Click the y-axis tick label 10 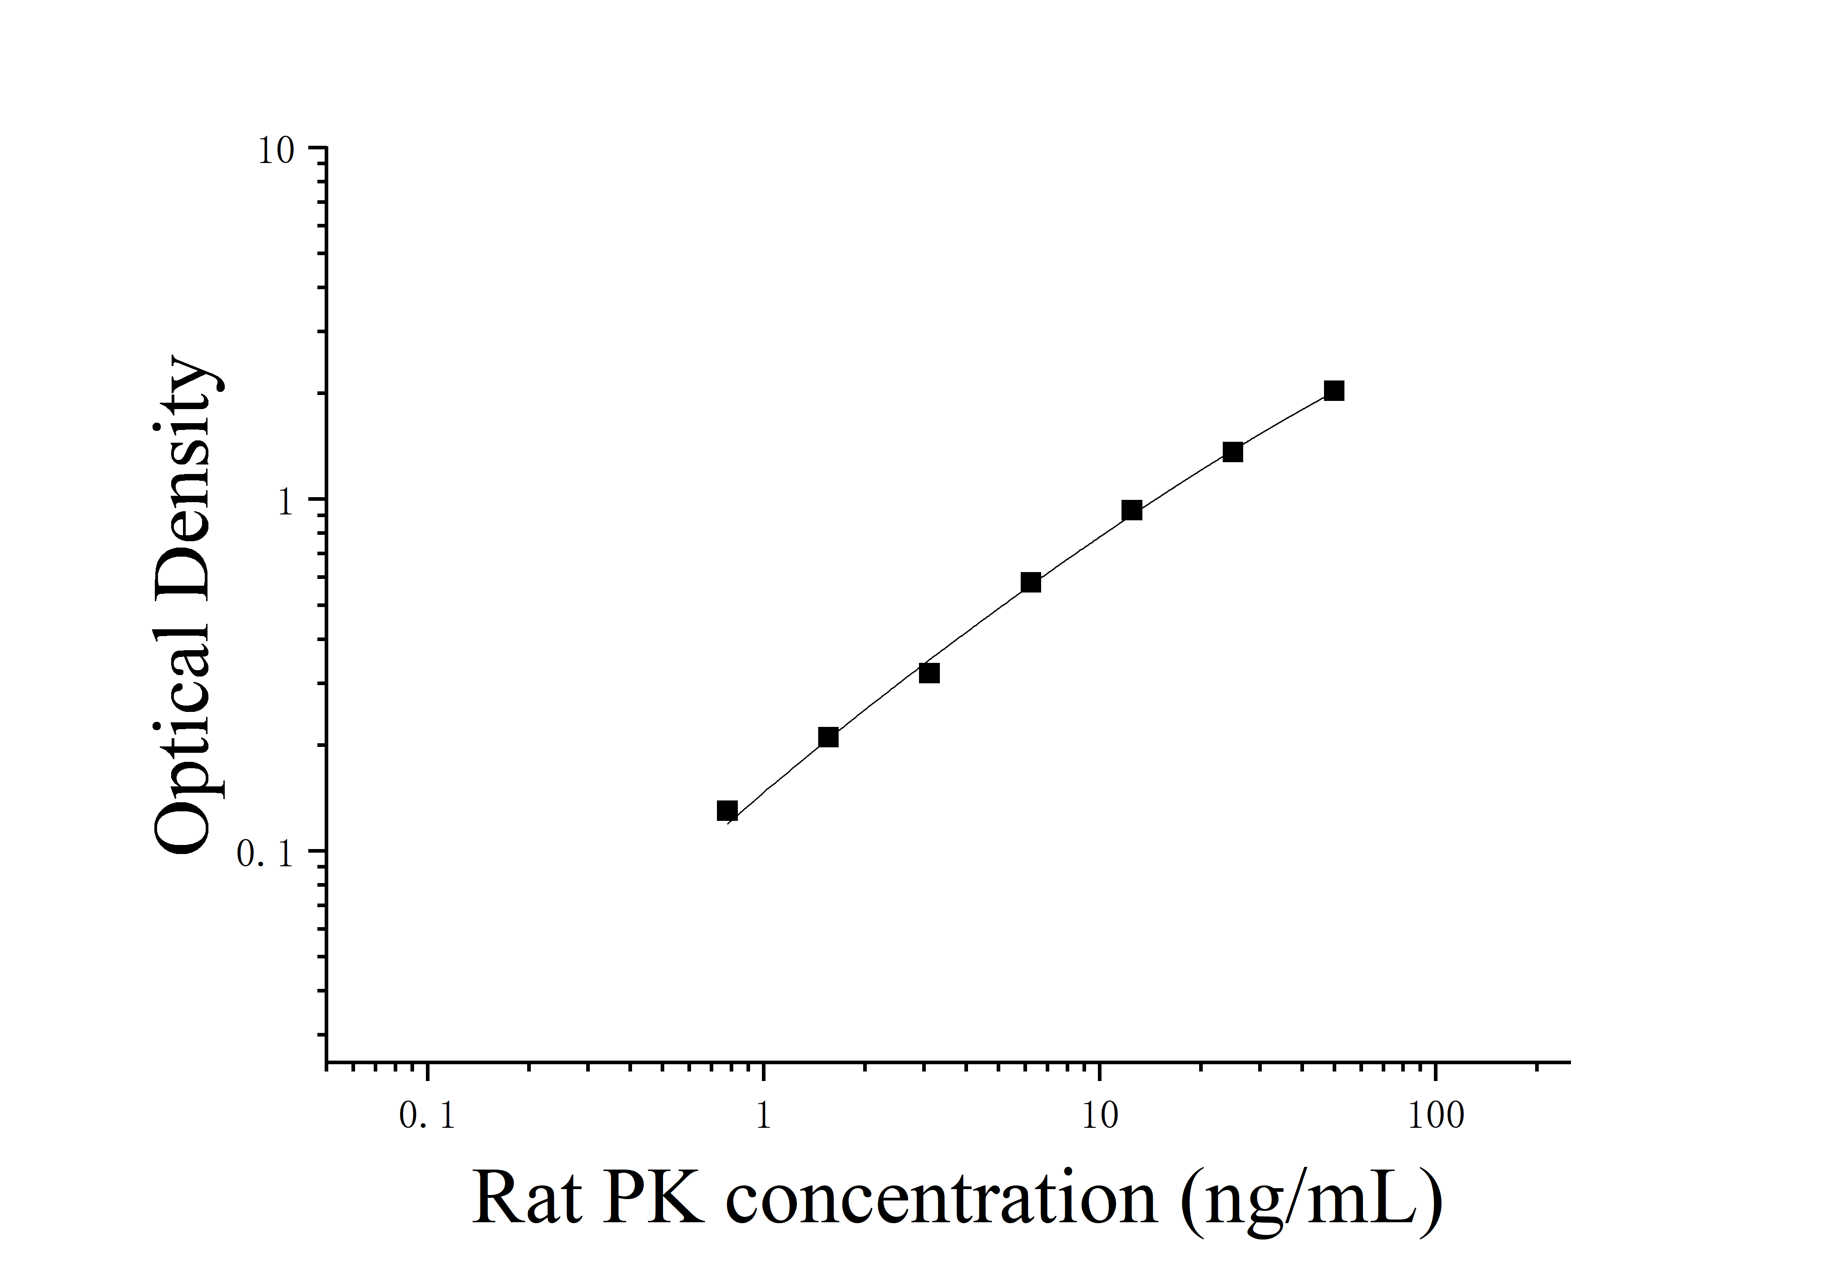276,151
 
